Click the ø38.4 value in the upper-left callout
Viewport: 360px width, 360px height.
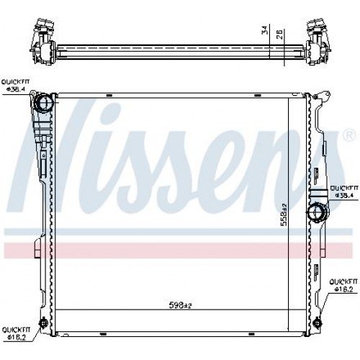[16, 91]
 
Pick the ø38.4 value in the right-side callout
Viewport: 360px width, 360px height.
[341, 194]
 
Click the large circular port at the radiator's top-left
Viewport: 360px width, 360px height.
[45, 103]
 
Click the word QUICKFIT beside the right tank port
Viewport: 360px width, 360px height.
[341, 187]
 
